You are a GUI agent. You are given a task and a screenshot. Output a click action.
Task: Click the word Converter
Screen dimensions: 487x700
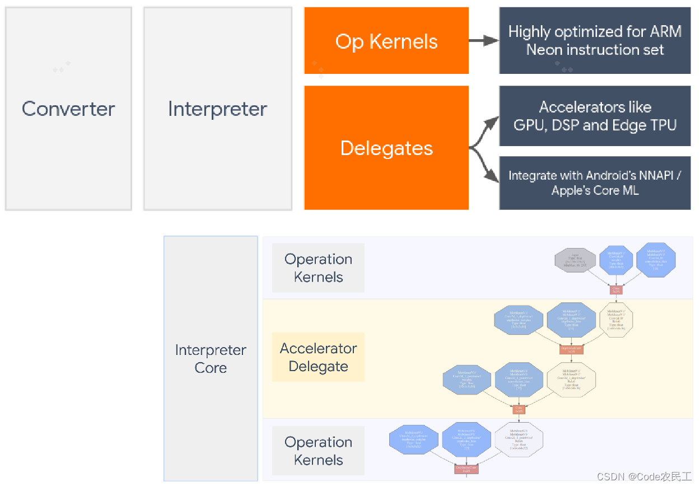point(68,109)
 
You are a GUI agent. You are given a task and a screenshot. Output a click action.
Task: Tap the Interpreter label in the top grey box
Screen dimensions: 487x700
point(217,109)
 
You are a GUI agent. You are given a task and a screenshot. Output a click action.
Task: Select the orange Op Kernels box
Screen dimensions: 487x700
point(386,41)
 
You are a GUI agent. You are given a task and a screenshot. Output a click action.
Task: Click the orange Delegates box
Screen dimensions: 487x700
point(386,148)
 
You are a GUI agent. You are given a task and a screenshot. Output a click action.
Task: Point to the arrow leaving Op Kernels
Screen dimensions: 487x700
point(483,40)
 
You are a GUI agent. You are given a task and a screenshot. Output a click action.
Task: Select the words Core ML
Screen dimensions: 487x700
point(614,190)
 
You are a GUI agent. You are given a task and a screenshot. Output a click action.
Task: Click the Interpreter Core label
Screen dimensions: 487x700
point(211,359)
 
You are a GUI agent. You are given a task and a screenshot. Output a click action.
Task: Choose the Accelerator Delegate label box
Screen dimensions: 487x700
point(318,357)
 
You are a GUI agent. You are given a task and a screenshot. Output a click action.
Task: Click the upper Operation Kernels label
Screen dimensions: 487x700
point(318,268)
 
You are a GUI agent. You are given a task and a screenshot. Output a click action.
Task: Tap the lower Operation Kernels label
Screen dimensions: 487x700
point(318,451)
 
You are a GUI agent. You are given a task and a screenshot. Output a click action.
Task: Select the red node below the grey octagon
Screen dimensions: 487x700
point(616,289)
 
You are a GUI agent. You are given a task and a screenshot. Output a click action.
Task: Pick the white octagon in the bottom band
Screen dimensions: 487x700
point(519,439)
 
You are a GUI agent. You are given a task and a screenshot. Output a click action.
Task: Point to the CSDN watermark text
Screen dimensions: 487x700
point(644,476)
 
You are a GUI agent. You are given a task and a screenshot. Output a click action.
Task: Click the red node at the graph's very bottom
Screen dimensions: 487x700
point(466,468)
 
